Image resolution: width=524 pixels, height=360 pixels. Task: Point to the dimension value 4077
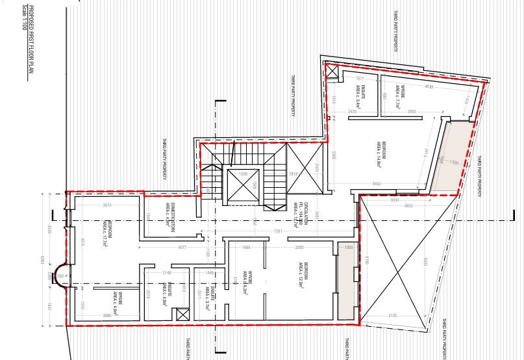click(x=182, y=247)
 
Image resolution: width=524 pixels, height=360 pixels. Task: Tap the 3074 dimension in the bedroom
click(x=108, y=206)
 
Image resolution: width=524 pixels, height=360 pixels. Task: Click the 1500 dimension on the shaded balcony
click(x=454, y=162)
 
